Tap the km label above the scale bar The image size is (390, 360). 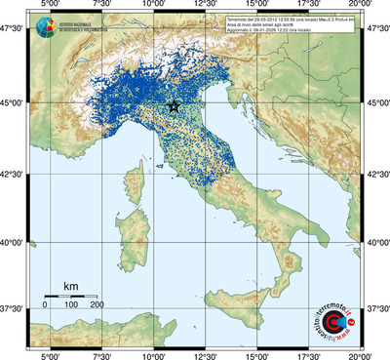[70, 286]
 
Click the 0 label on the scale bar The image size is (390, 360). [45, 305]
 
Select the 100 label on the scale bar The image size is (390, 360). [70, 305]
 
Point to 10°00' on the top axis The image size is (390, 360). [152, 6]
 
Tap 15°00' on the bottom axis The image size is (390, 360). [256, 355]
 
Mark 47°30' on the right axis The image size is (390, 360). [376, 29]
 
